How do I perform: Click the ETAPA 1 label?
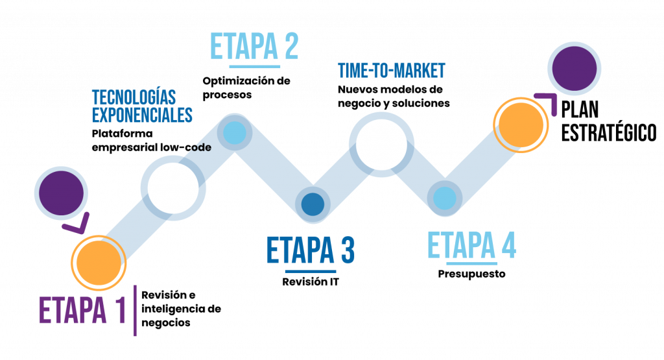pyautogui.click(x=82, y=311)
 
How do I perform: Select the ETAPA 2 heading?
pyautogui.click(x=254, y=46)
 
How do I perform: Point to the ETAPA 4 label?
pyautogui.click(x=471, y=246)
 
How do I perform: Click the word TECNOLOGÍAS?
pyautogui.click(x=134, y=98)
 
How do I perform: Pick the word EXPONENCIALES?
pyautogui.click(x=142, y=115)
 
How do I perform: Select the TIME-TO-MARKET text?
pyautogui.click(x=392, y=71)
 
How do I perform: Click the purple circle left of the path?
pyautogui.click(x=62, y=193)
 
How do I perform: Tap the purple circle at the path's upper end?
pyautogui.click(x=574, y=68)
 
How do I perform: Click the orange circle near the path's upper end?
pyautogui.click(x=520, y=125)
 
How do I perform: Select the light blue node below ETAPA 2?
pyautogui.click(x=234, y=133)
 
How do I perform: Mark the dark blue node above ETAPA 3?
pyautogui.click(x=313, y=204)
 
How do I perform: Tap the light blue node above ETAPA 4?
pyautogui.click(x=445, y=198)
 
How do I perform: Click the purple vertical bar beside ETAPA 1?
pyautogui.click(x=135, y=311)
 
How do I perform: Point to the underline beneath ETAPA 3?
pyautogui.click(x=311, y=270)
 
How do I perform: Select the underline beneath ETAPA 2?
pyautogui.click(x=254, y=66)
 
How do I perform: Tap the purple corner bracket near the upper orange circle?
pyautogui.click(x=551, y=102)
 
